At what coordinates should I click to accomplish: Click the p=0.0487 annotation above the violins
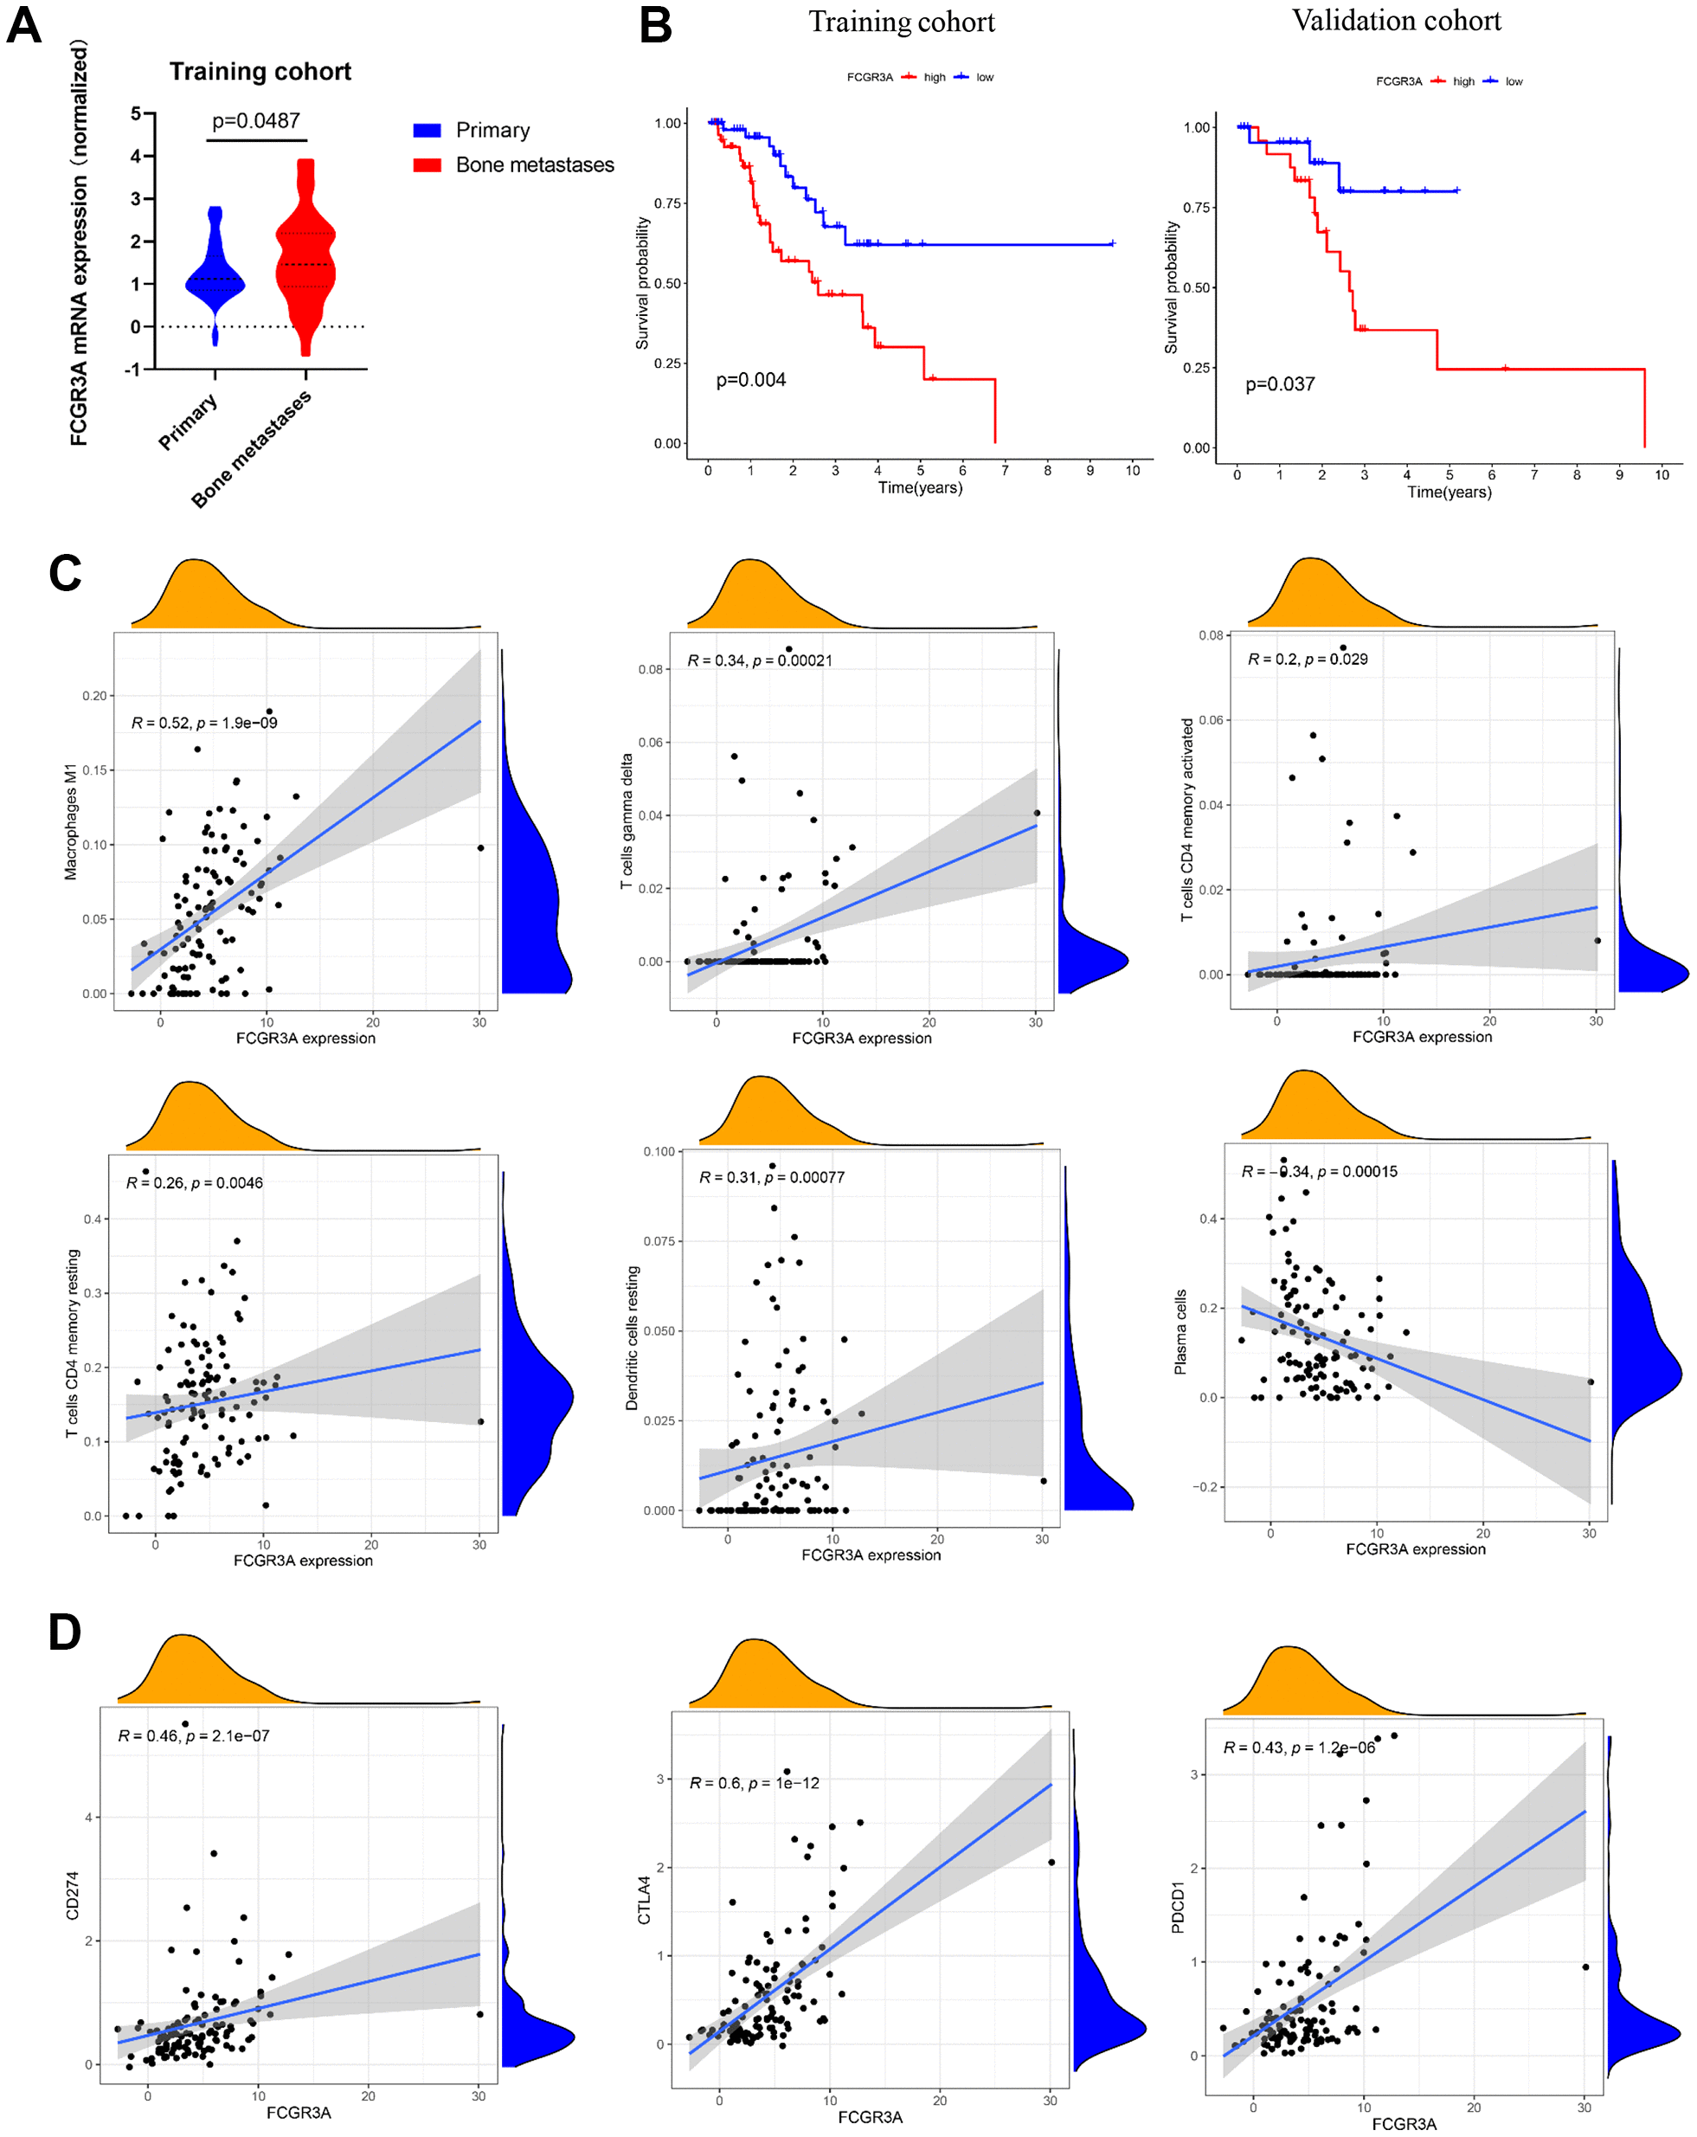[256, 121]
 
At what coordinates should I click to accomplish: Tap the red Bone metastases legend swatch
[427, 164]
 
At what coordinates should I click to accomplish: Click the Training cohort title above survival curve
[901, 22]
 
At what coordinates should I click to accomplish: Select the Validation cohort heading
[1396, 21]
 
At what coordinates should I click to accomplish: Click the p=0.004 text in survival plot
[750, 381]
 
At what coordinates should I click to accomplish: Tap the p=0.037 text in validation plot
[1280, 384]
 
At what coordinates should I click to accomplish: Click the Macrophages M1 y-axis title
[70, 821]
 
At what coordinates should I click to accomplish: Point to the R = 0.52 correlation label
[204, 723]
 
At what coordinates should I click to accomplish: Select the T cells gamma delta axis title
[627, 821]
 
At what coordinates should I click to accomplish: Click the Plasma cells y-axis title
[1180, 1332]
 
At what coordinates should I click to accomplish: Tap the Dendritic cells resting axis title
[632, 1337]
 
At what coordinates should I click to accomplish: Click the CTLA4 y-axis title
[645, 1900]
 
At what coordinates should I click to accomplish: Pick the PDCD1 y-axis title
[1178, 1908]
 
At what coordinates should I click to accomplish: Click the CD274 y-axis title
[73, 1896]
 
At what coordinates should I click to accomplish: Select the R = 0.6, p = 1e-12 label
[755, 1783]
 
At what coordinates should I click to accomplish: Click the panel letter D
[64, 1632]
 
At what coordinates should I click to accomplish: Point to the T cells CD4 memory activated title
[1186, 820]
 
